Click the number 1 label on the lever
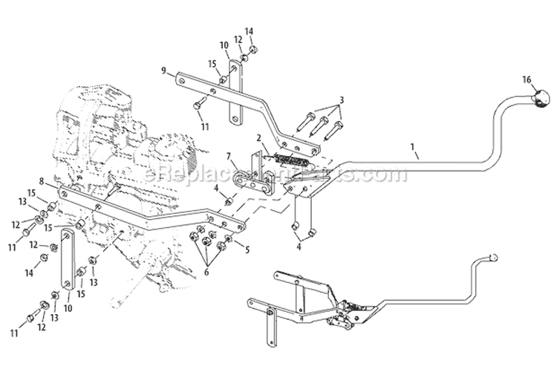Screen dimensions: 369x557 [413, 148]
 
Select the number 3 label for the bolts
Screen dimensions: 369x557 [341, 99]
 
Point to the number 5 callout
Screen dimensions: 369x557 [246, 249]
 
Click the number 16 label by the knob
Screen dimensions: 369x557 [525, 79]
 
